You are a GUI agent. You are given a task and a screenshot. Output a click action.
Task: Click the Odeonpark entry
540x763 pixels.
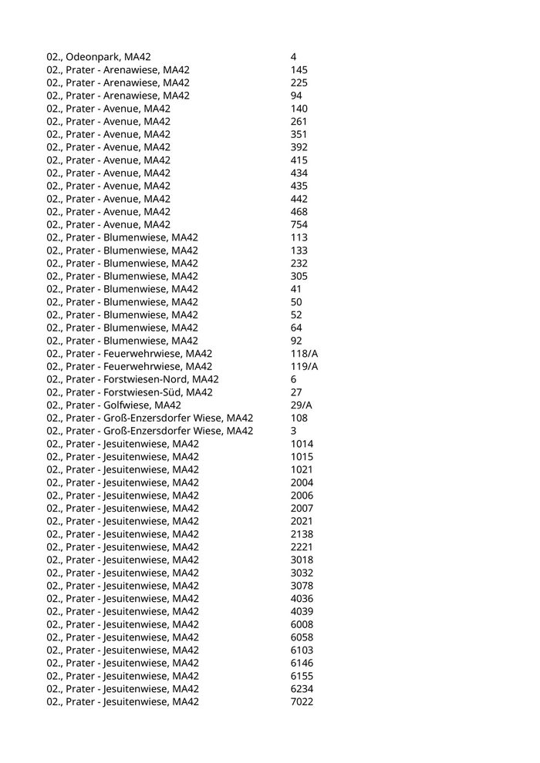coord(99,57)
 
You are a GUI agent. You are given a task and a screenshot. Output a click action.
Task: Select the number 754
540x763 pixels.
coord(299,224)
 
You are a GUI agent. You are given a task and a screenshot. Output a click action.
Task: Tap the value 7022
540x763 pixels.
coord(302,701)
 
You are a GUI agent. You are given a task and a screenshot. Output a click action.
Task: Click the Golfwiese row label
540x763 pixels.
coord(113,405)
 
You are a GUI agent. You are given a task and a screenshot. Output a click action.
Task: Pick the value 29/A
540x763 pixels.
coord(302,405)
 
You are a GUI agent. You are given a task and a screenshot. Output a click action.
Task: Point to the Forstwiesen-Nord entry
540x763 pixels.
coord(133,379)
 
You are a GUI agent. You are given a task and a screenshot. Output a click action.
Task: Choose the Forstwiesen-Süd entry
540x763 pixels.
coord(130,392)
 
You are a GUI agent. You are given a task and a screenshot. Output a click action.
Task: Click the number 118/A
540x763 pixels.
coord(304,353)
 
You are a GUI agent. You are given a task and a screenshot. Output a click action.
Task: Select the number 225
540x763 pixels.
coord(299,82)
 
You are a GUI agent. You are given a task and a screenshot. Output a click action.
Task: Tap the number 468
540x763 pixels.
coord(299,212)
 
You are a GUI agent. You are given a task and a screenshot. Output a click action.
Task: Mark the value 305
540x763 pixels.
coord(299,276)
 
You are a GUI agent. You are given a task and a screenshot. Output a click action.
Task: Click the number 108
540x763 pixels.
coord(299,418)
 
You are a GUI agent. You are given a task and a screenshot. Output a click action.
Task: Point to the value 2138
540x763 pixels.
coord(302,534)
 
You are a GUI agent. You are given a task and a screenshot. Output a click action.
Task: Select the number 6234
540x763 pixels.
coord(302,688)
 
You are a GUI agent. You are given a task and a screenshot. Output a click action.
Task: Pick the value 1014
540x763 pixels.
coord(302,444)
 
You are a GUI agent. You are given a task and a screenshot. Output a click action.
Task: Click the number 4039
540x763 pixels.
coord(302,611)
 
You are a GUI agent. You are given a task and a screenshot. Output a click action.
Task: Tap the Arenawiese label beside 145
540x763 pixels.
coord(118,70)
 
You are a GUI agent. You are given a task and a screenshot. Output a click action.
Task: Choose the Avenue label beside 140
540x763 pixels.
coord(109,109)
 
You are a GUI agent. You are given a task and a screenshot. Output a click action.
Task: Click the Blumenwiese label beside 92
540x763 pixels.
coord(122,341)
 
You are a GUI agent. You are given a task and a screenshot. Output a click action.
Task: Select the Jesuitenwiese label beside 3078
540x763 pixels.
coord(123,586)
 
